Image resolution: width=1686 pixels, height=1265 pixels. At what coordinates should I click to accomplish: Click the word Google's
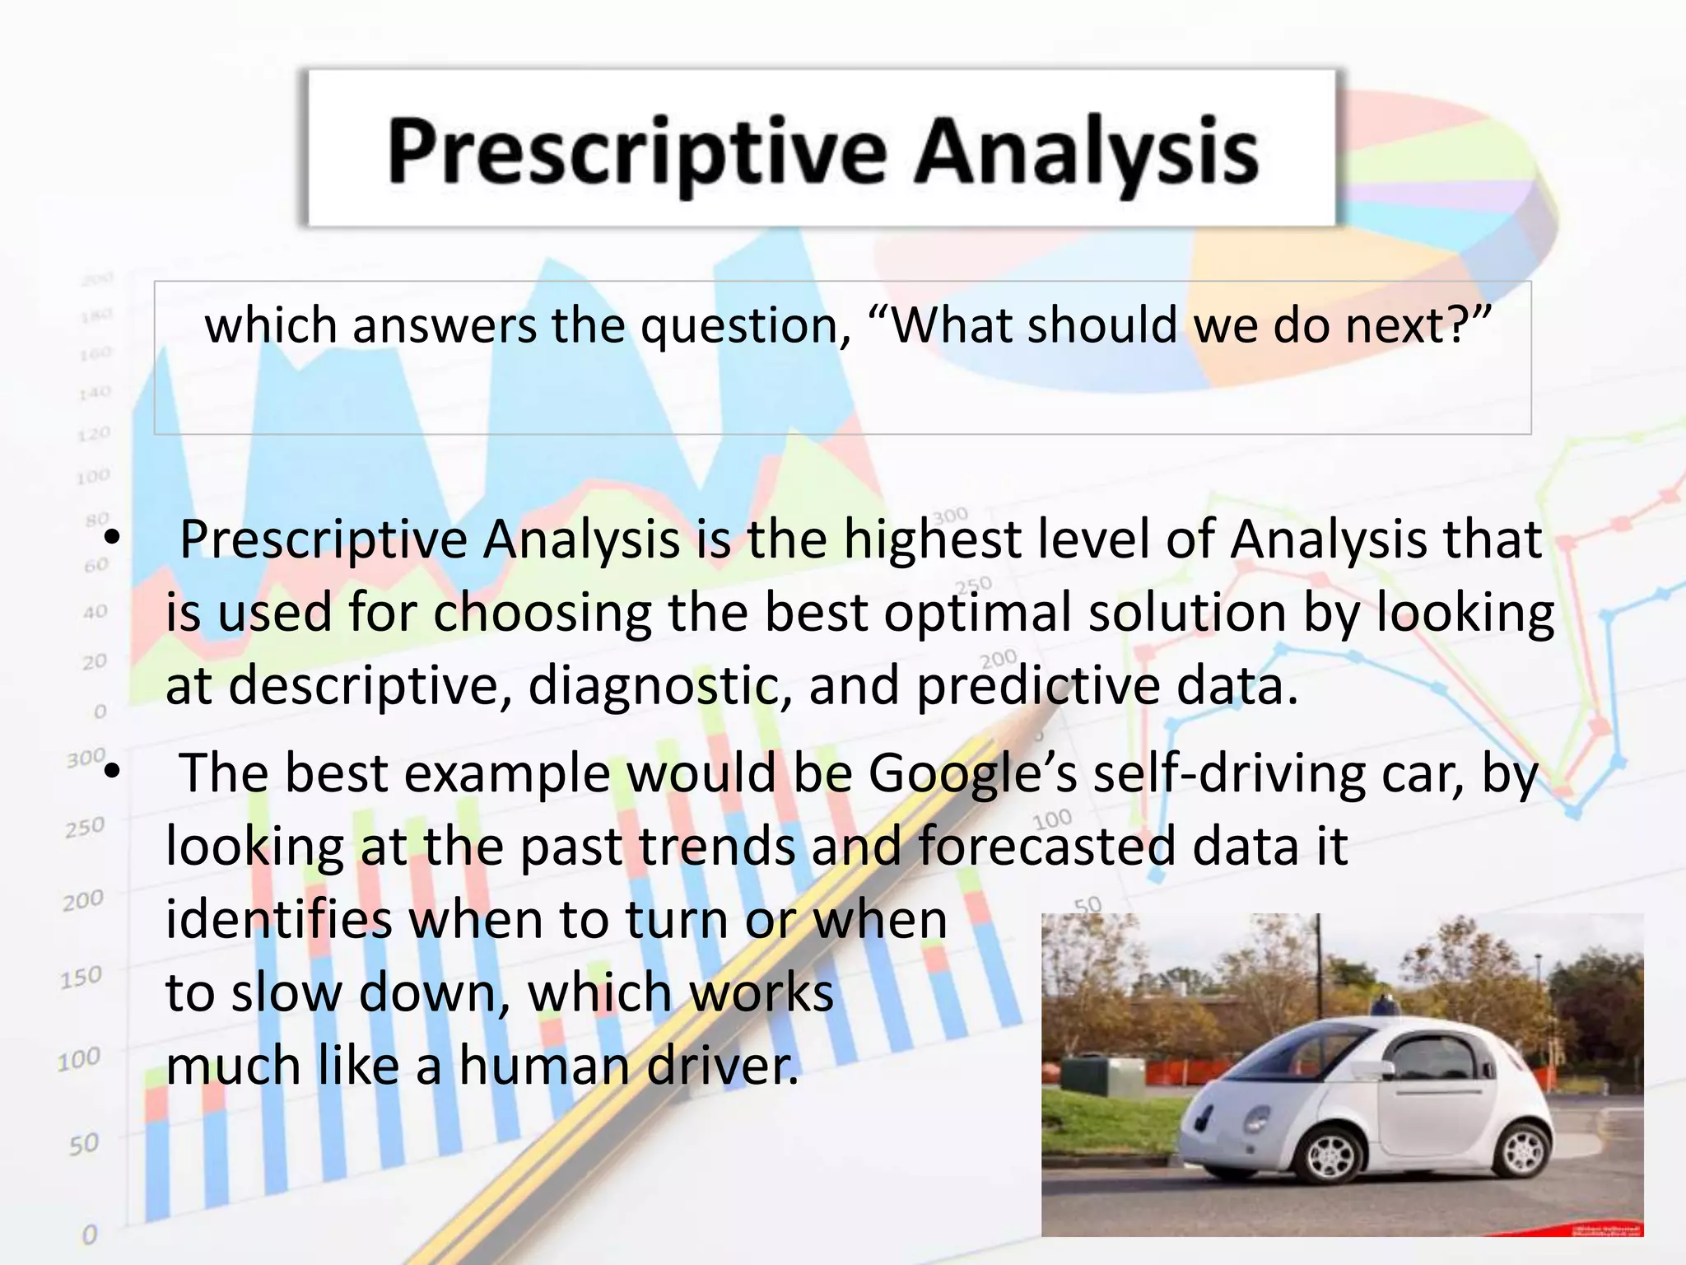point(972,775)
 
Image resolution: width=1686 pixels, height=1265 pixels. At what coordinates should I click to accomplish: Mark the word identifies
point(279,920)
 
